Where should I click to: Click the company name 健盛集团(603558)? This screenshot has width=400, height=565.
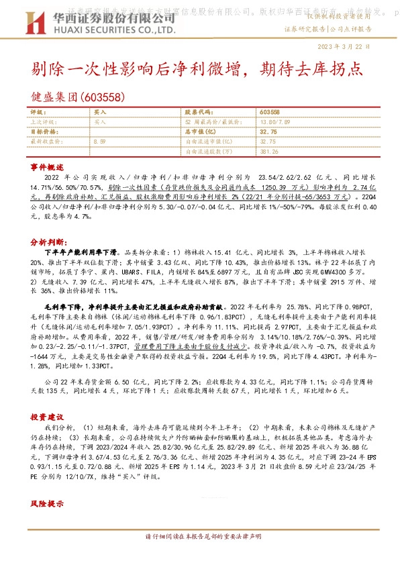(78, 97)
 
